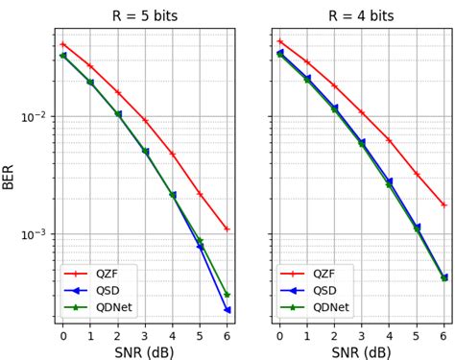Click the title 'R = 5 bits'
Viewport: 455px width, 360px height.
[145, 15]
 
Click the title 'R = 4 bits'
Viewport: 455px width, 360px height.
[362, 15]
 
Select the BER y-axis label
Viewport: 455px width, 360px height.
[9, 175]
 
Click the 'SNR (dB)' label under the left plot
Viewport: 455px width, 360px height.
[145, 352]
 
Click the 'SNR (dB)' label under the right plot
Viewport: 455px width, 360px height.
[362, 352]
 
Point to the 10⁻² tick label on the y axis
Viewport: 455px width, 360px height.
[36, 117]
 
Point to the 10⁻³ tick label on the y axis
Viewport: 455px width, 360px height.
[36, 234]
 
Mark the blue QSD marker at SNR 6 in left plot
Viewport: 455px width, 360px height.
[227, 310]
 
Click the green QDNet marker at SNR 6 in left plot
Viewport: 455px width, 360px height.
[227, 295]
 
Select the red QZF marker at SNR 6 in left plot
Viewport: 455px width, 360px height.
[227, 228]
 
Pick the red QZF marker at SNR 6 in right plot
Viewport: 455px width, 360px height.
[443, 204]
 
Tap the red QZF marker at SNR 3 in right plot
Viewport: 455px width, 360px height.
[362, 112]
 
